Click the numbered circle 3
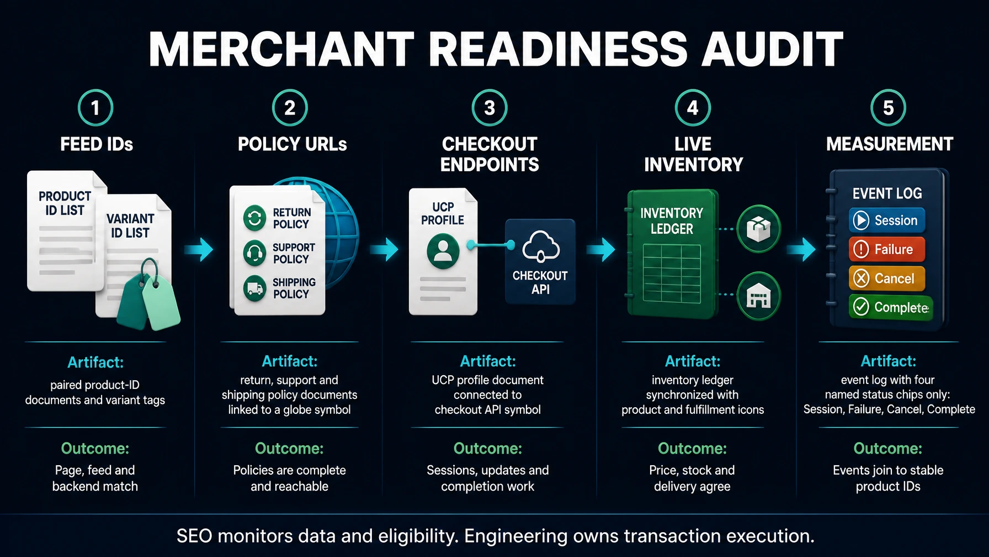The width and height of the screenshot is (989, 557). pyautogui.click(x=490, y=108)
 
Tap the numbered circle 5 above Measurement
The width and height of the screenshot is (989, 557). pyautogui.click(x=888, y=108)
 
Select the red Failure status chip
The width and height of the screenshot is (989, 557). pyautogui.click(x=887, y=249)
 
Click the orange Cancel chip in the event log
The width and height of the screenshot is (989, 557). pyautogui.click(x=887, y=278)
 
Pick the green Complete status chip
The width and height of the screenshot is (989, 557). pyautogui.click(x=890, y=307)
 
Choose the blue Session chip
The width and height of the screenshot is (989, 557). pyautogui.click(x=887, y=220)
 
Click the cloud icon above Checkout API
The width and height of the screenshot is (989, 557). pyautogui.click(x=541, y=246)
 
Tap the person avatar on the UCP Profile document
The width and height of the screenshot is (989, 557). pyautogui.click(x=443, y=251)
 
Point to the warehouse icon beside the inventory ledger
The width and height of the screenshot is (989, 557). pyautogui.click(x=759, y=296)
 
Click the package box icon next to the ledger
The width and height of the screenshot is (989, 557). pyautogui.click(x=759, y=229)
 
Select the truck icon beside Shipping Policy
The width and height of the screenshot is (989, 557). pyautogui.click(x=255, y=288)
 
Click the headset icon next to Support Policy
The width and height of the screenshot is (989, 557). pyautogui.click(x=255, y=253)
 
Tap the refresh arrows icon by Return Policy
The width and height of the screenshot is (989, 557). pyautogui.click(x=255, y=218)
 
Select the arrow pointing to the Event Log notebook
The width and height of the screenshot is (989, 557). pyautogui.click(x=801, y=249)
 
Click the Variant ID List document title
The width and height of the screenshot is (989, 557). pyautogui.click(x=130, y=225)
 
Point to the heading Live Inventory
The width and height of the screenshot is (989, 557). pyautogui.click(x=693, y=154)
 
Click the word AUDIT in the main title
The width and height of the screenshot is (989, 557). pyautogui.click(x=772, y=49)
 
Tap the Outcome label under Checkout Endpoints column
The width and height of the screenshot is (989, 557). pyautogui.click(x=488, y=448)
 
